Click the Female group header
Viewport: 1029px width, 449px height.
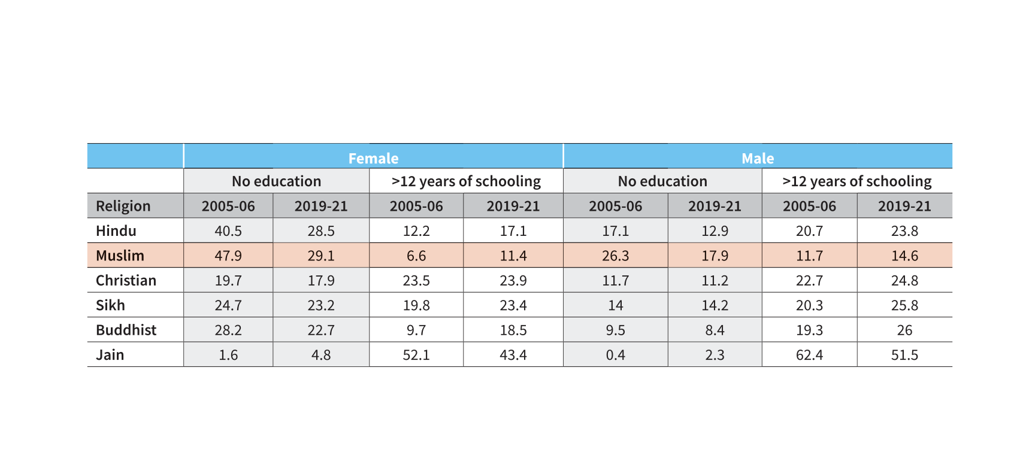373,158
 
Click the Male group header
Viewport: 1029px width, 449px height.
758,158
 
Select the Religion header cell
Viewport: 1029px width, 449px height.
123,206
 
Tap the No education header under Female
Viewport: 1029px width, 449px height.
276,181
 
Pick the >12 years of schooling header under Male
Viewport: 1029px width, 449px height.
857,181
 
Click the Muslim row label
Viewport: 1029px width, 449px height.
120,256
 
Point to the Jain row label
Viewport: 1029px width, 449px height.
110,355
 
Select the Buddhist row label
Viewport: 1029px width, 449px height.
126,330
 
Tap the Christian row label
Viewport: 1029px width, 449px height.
126,280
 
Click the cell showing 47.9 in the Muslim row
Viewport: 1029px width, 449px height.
228,256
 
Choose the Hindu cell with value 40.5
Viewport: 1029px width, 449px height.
228,230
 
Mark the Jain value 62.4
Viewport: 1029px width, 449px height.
809,355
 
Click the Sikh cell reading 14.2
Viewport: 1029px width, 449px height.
715,305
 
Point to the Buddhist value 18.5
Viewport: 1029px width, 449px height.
513,330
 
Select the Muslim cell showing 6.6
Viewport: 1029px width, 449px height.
416,256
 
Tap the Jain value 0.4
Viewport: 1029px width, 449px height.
615,355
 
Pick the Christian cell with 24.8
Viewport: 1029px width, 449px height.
904,280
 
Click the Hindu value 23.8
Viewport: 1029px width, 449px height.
904,230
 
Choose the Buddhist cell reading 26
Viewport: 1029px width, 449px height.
904,330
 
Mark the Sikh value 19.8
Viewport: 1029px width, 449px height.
416,305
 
